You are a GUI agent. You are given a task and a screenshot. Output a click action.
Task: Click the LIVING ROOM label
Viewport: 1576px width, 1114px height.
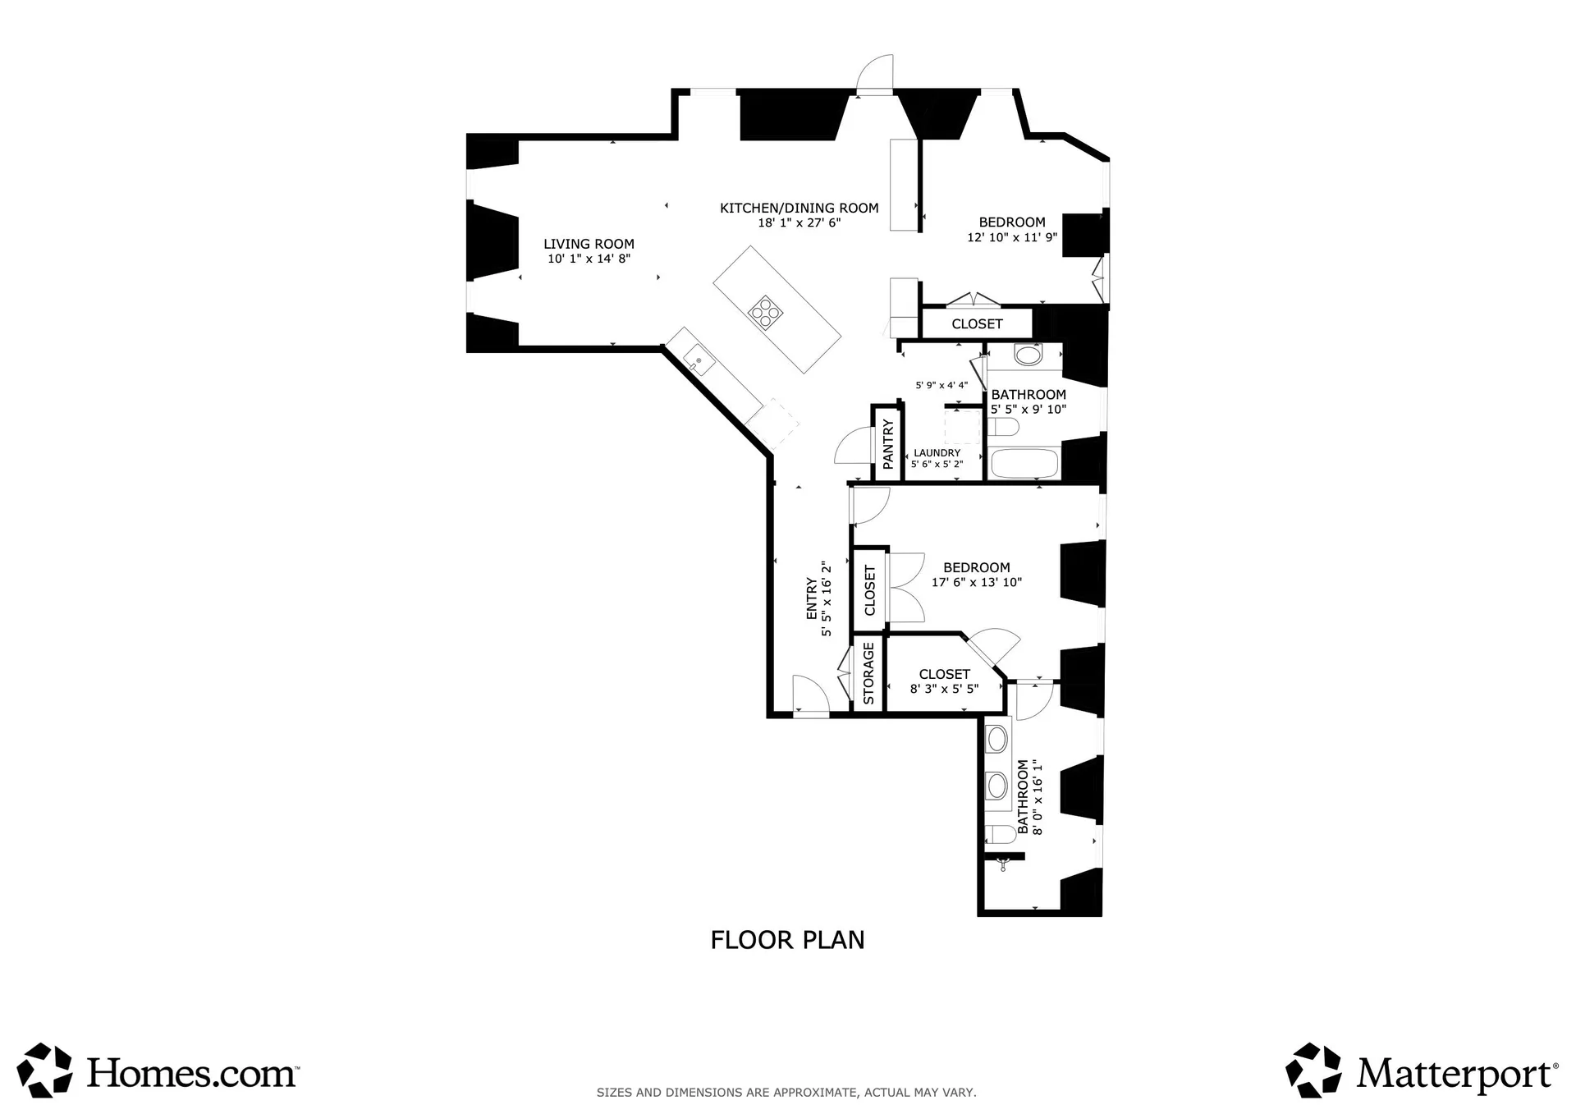pyautogui.click(x=589, y=244)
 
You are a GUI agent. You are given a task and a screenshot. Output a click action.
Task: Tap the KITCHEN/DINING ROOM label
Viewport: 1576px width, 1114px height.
pyautogui.click(x=799, y=208)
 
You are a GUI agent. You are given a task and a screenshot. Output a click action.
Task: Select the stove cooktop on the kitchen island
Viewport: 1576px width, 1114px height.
pyautogui.click(x=765, y=312)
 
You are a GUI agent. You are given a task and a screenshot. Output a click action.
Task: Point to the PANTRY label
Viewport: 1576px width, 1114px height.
pyautogui.click(x=887, y=444)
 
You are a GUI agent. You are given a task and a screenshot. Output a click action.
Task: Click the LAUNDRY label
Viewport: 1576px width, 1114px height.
pyautogui.click(x=937, y=452)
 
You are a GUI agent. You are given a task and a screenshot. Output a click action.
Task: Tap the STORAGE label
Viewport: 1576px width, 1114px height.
pyautogui.click(x=868, y=673)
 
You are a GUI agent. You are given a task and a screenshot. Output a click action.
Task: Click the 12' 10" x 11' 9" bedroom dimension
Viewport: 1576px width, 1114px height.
pyautogui.click(x=1012, y=237)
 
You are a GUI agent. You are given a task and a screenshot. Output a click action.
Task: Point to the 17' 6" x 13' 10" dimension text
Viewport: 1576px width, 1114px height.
pyautogui.click(x=976, y=583)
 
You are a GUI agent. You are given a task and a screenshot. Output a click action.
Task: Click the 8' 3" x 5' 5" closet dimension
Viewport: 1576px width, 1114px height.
pyautogui.click(x=944, y=689)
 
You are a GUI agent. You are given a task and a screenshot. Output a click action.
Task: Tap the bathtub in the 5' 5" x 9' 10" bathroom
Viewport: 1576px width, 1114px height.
pyautogui.click(x=1025, y=462)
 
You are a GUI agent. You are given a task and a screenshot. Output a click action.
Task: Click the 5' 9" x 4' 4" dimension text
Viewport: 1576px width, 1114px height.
pyautogui.click(x=941, y=385)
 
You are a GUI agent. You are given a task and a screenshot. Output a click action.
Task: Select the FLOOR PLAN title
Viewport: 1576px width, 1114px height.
pyautogui.click(x=787, y=940)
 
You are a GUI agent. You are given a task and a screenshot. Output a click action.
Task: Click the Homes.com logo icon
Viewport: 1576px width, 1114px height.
pyautogui.click(x=44, y=1070)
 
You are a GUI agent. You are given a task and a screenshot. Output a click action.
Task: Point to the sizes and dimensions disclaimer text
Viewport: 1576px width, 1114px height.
pyautogui.click(x=786, y=1093)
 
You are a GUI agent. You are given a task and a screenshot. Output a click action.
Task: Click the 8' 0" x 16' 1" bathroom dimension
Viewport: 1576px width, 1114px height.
pyautogui.click(x=1038, y=796)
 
